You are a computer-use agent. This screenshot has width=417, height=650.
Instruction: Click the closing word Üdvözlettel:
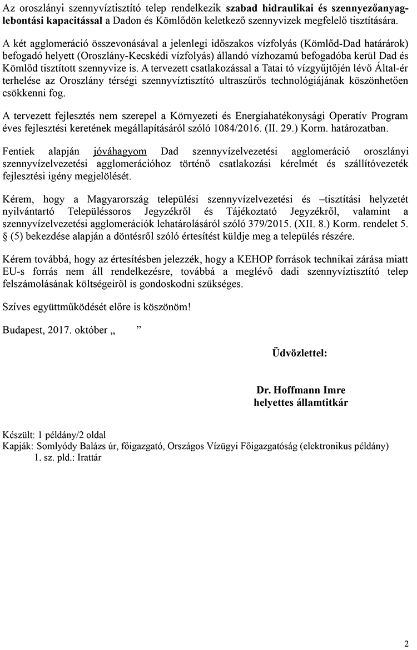tap(299, 352)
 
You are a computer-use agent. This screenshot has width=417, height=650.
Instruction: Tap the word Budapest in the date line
tap(22, 330)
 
